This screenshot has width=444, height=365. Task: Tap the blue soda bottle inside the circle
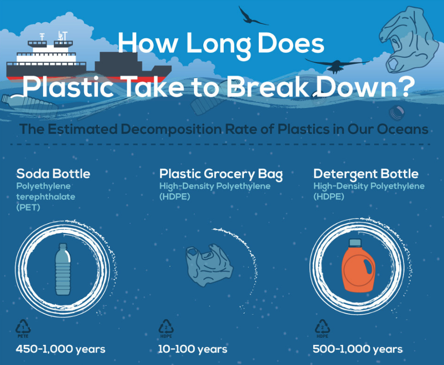point(63,269)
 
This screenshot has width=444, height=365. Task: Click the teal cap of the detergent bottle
point(355,243)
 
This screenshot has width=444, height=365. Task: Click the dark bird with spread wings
point(337,65)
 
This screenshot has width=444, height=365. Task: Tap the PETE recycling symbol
point(23,328)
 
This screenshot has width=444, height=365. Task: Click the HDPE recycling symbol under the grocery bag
point(166,328)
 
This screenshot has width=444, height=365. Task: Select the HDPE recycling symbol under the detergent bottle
point(322,328)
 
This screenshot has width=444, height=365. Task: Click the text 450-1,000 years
point(61,349)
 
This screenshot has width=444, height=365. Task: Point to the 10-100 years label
point(192,349)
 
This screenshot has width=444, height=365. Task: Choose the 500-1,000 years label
point(358,349)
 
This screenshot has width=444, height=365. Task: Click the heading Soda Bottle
point(53,174)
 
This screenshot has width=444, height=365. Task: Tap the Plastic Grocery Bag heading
point(221,174)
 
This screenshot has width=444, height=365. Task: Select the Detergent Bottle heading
point(366,174)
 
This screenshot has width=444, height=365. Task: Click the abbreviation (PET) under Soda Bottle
point(28,207)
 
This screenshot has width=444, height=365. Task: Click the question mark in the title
point(406,86)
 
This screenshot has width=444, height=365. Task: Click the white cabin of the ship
point(46,57)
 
